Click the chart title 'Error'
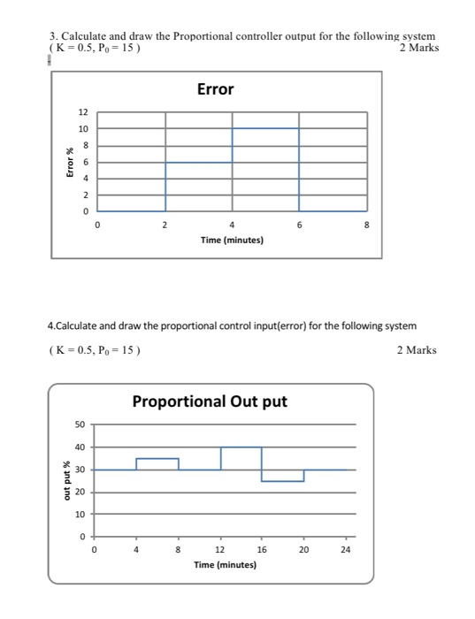215,89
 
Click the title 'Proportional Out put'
210,401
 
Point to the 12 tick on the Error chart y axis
83,112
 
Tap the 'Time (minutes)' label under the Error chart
231,240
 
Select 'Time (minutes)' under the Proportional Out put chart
225,563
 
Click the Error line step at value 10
265,129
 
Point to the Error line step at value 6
199,162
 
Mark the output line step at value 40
241,447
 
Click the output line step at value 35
157,459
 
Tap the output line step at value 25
283,481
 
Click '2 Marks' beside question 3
418,47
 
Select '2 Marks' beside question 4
417,350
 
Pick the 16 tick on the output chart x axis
262,549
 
